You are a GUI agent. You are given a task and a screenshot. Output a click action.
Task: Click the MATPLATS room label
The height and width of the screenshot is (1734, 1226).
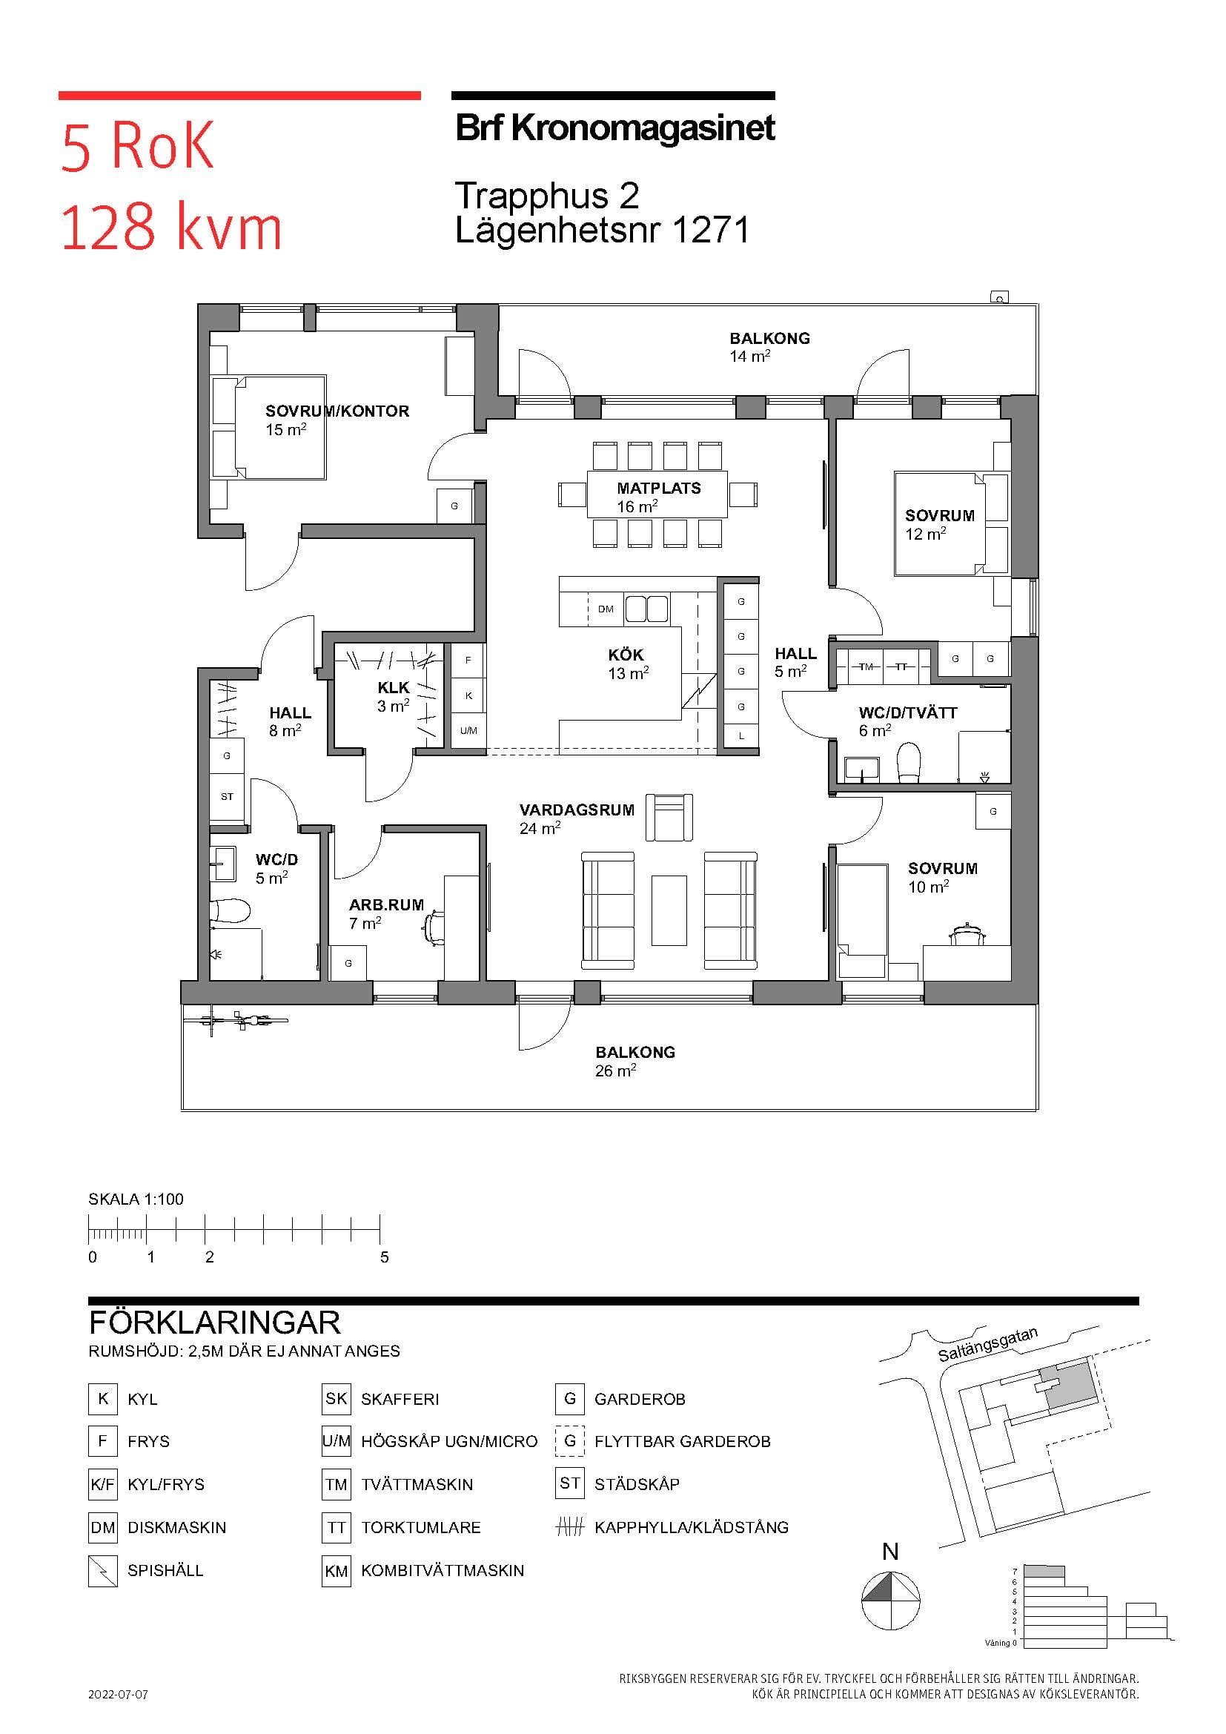click(659, 488)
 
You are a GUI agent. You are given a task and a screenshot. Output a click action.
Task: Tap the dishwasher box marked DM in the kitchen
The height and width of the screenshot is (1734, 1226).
click(606, 609)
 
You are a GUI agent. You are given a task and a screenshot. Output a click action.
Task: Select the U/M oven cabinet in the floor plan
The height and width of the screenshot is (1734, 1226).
click(468, 730)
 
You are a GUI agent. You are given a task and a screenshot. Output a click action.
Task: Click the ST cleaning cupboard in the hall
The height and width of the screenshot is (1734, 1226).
click(227, 796)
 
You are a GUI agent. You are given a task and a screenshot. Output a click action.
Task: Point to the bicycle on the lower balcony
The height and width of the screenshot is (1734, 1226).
click(236, 1021)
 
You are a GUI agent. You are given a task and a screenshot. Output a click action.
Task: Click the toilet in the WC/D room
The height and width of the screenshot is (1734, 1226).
click(230, 911)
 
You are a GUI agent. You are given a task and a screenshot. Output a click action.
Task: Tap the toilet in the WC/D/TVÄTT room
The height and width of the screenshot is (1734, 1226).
click(909, 762)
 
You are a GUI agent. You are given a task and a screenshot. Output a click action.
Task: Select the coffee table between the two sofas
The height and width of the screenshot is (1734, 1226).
click(669, 910)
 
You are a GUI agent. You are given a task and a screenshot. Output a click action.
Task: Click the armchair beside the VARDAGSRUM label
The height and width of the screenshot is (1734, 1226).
click(669, 817)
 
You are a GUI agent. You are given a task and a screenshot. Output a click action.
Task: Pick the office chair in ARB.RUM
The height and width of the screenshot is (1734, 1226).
click(434, 927)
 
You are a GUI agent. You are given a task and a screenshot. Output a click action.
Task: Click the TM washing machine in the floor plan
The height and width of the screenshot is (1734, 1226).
click(866, 666)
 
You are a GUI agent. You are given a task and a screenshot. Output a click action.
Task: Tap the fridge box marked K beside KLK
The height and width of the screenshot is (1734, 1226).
click(468, 695)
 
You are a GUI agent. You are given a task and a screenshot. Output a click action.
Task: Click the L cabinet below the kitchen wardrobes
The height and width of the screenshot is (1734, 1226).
click(741, 735)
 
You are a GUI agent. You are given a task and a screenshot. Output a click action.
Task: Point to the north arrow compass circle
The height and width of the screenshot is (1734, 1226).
click(891, 1601)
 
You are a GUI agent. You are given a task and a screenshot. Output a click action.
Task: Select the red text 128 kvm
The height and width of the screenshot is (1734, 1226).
click(170, 228)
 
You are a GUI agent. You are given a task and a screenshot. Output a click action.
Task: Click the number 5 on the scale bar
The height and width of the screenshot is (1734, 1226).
click(384, 1257)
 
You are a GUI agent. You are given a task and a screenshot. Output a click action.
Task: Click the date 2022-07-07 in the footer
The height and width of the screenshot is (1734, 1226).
click(118, 1694)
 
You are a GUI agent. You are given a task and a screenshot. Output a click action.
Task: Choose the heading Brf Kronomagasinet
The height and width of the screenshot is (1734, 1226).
click(615, 128)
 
